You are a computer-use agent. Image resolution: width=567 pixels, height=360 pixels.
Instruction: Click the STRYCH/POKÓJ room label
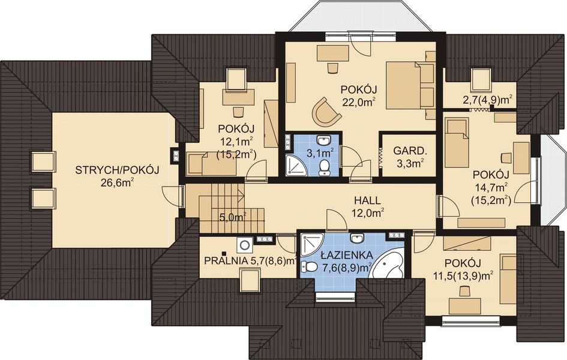click(x=117, y=170)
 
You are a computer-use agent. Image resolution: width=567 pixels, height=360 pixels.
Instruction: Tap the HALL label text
click(x=367, y=200)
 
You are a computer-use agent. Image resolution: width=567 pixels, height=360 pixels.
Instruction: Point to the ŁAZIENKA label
click(x=347, y=255)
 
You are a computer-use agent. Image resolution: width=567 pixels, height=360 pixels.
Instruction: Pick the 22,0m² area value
click(x=359, y=102)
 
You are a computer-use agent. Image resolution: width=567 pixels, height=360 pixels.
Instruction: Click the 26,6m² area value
click(x=117, y=183)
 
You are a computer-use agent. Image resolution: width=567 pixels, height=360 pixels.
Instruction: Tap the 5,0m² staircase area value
click(x=233, y=217)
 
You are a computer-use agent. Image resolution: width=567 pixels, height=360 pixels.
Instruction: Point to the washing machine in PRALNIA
click(x=245, y=245)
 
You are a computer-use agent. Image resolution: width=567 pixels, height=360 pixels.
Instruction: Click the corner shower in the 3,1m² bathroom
click(x=296, y=166)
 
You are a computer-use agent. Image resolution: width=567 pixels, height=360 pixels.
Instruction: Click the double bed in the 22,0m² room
click(x=409, y=85)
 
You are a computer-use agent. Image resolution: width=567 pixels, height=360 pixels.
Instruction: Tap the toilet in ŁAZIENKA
click(x=307, y=266)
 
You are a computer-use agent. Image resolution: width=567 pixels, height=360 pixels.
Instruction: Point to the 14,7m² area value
click(x=491, y=187)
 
